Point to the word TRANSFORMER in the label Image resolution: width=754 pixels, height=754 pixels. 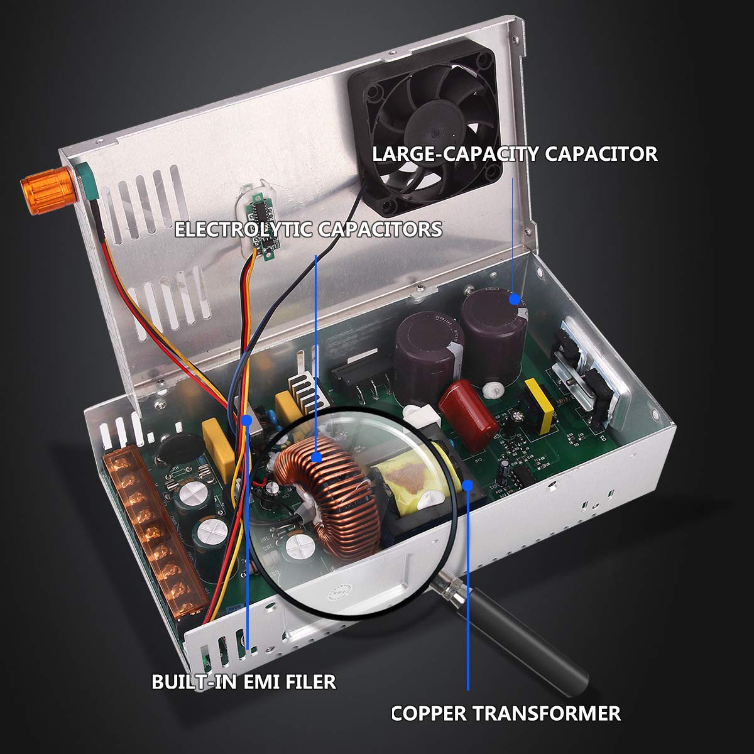tap(546, 713)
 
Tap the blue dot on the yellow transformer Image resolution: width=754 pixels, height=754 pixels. tap(468, 484)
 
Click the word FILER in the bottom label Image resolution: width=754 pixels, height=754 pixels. tap(311, 681)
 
